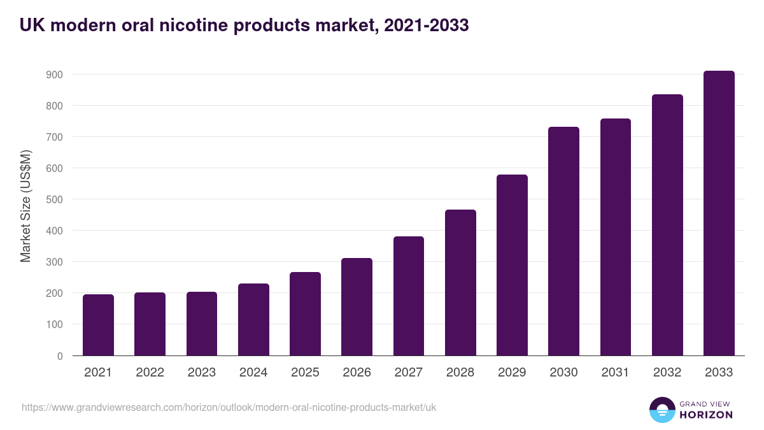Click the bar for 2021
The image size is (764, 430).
(98, 325)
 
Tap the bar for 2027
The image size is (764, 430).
(409, 296)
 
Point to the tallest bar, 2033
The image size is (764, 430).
(719, 213)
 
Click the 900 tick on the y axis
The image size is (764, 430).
(54, 75)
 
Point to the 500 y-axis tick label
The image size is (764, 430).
(54, 199)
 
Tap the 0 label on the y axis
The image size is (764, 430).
(60, 356)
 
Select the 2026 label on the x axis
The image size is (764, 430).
(357, 373)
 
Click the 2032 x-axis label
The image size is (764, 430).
(667, 373)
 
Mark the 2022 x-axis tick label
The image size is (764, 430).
(150, 373)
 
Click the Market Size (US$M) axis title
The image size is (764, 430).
(26, 206)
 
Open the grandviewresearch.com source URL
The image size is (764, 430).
(229, 407)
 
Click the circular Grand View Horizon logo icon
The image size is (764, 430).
(661, 410)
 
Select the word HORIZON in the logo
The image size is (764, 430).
(706, 415)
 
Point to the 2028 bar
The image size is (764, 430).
(460, 283)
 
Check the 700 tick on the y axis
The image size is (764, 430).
(54, 137)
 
